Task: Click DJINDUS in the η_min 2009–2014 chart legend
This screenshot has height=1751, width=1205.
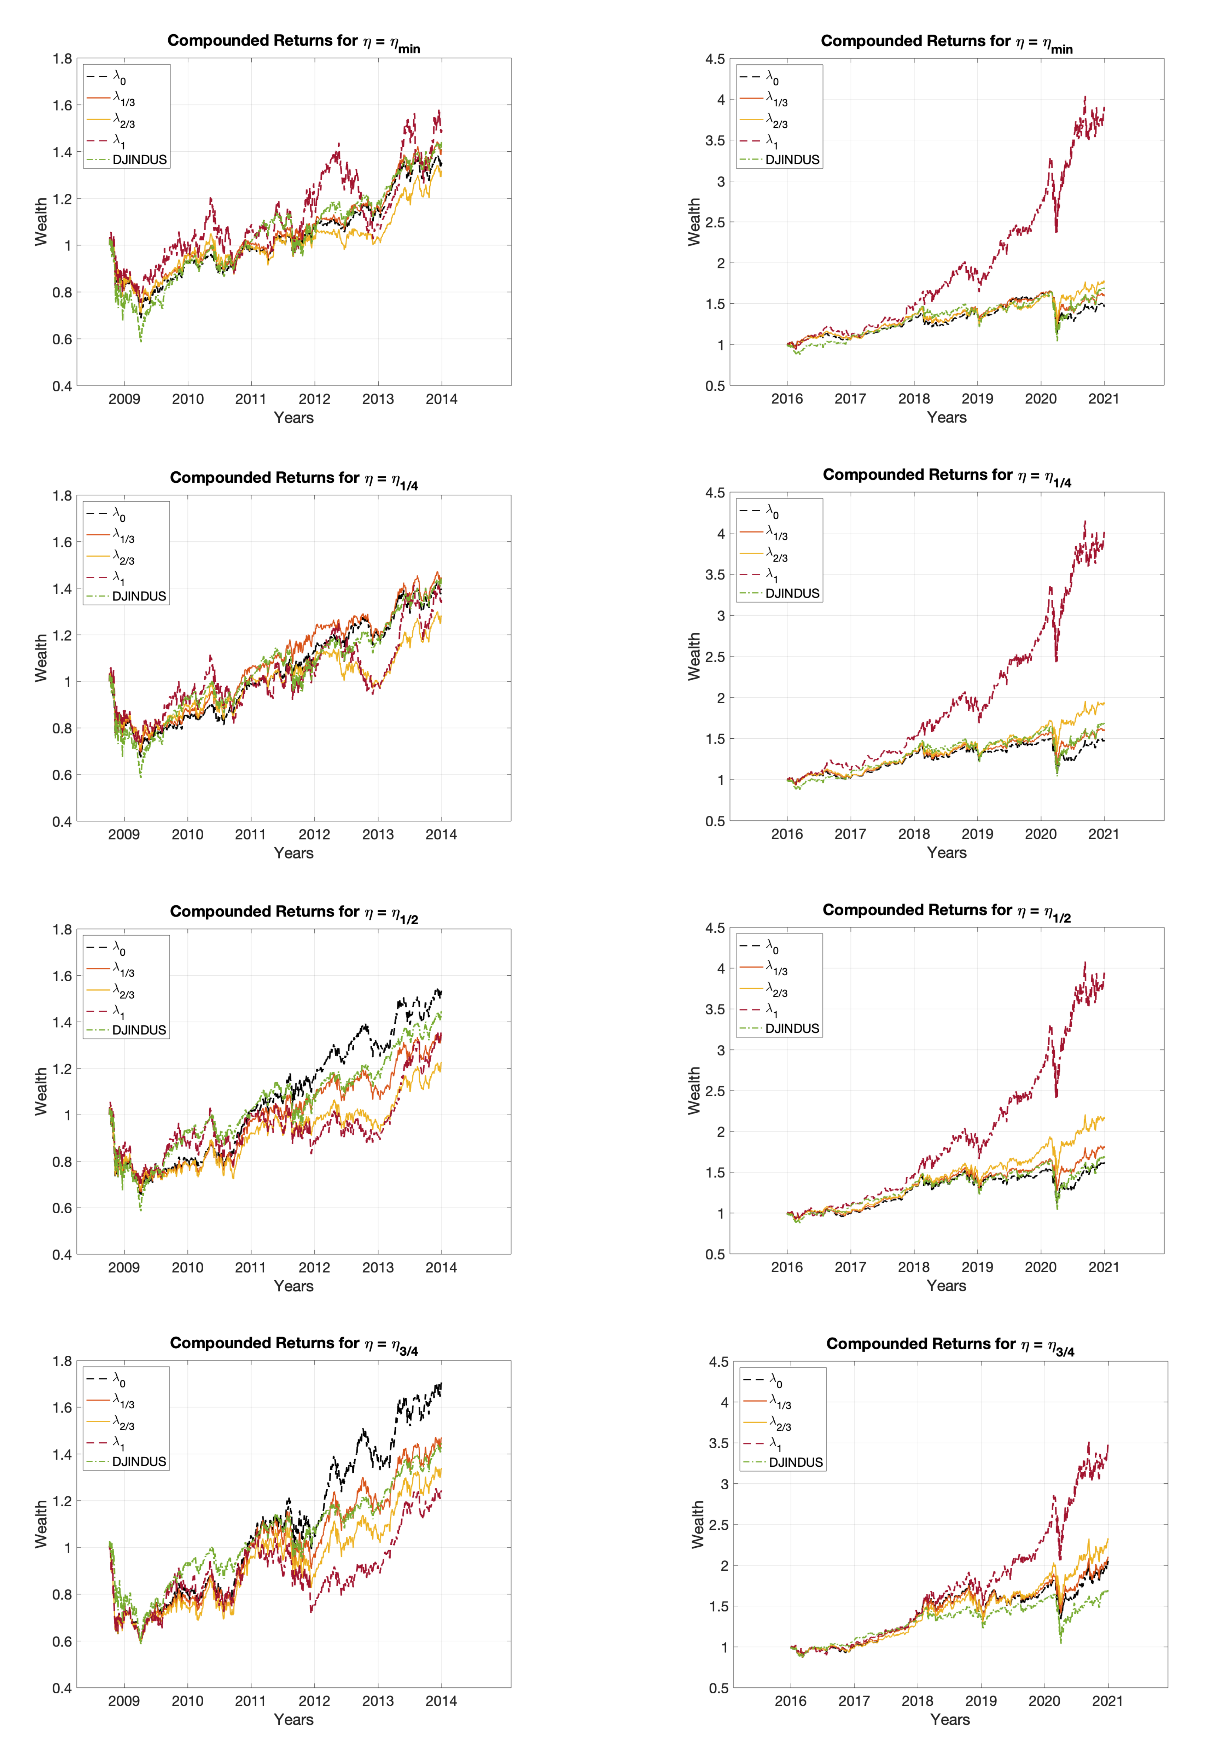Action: pyautogui.click(x=139, y=160)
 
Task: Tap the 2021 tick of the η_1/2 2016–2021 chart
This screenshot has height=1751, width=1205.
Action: pyautogui.click(x=1104, y=1267)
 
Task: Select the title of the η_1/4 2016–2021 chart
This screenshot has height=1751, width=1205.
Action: pyautogui.click(x=947, y=476)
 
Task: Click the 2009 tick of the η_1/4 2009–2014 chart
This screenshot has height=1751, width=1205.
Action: pyautogui.click(x=124, y=834)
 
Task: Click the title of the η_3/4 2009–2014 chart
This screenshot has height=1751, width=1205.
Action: pyautogui.click(x=294, y=1343)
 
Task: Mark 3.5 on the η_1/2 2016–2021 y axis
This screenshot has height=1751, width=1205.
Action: pyautogui.click(x=715, y=1010)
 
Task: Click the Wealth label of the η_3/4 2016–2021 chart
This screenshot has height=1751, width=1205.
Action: pyautogui.click(x=698, y=1524)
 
